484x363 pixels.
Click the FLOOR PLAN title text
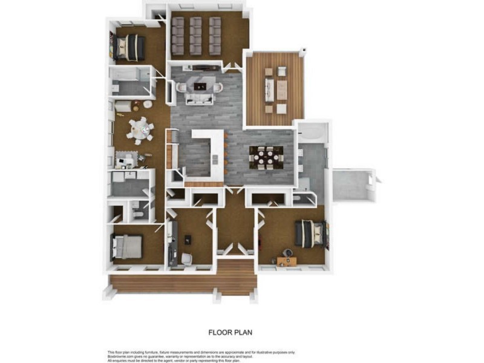tap(230, 332)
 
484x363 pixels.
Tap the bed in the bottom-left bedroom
tap(126, 246)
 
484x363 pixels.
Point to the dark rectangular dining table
tap(265, 157)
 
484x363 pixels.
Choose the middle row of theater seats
tap(197, 34)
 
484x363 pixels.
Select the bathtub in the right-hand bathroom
tap(312, 132)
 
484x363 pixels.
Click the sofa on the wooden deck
tap(269, 90)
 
